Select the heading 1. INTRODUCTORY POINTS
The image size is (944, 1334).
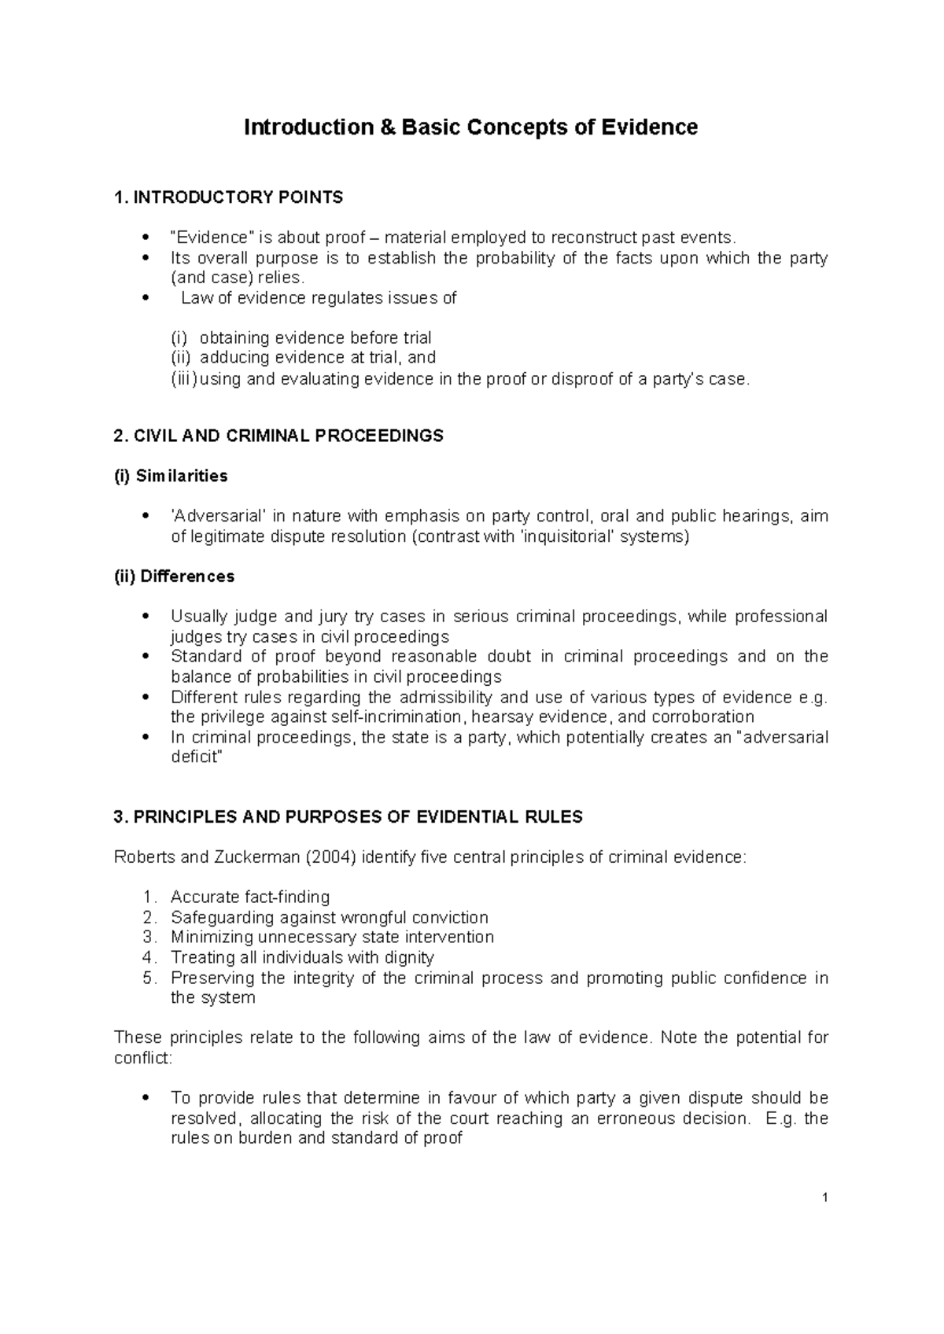tap(228, 197)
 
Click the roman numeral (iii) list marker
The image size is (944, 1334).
tap(185, 379)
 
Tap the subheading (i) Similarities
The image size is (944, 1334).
tap(171, 476)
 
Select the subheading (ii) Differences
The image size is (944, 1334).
tap(175, 577)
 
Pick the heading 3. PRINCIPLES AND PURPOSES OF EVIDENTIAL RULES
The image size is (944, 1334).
tap(348, 817)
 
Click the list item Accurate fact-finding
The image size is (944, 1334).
tap(250, 897)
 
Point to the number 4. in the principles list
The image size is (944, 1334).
tap(150, 958)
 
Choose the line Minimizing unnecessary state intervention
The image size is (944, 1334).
tap(332, 938)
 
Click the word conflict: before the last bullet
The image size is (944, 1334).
tap(142, 1058)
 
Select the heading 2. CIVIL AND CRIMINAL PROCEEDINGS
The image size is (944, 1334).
tap(278, 436)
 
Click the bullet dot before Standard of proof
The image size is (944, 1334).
tap(144, 657)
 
